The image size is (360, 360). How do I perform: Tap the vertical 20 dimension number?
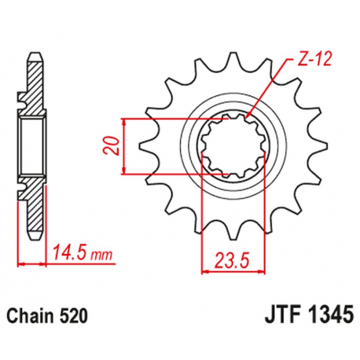[113, 146]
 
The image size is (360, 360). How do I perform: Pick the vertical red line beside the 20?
[126, 146]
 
